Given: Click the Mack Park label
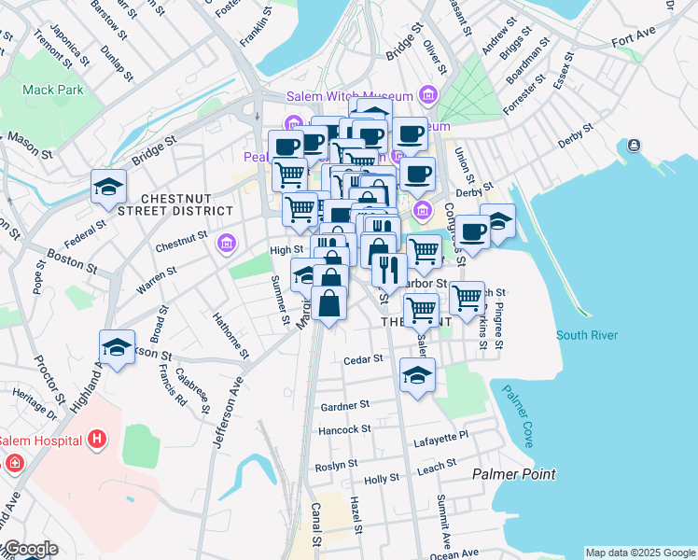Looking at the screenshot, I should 54,91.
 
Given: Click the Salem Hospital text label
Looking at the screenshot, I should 39,441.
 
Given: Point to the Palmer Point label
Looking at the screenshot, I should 513,474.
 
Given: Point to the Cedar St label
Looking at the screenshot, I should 363,359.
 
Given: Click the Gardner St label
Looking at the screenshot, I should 345,406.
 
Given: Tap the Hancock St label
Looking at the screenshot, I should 344,429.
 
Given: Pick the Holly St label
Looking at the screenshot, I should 382,479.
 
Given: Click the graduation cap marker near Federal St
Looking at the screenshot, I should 109,188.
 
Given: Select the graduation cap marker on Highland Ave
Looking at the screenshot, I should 117,348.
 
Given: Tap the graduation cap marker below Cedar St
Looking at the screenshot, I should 417,375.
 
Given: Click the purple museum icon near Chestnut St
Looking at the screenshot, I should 225,244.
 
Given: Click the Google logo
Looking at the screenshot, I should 30,549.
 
